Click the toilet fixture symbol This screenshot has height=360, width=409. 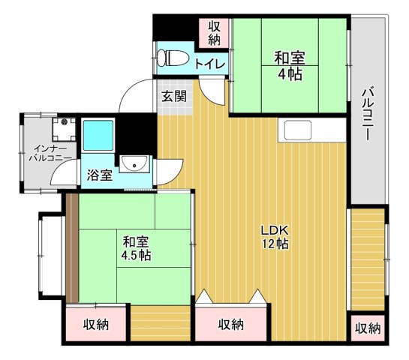click(x=173, y=58)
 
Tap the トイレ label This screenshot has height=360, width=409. click(x=210, y=64)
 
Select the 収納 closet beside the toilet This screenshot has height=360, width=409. click(x=214, y=32)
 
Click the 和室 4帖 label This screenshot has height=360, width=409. click(x=290, y=66)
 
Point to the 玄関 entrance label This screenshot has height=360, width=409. click(x=174, y=97)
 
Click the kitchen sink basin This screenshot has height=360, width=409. click(x=298, y=130)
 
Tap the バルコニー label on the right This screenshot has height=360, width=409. click(x=368, y=114)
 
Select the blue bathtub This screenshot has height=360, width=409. click(x=98, y=135)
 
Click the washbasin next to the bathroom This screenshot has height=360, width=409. click(x=134, y=163)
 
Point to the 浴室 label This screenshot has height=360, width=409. click(x=99, y=175)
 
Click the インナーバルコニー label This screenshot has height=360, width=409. click(x=50, y=154)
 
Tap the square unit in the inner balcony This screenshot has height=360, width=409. click(x=64, y=129)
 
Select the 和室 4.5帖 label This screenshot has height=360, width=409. click(x=136, y=248)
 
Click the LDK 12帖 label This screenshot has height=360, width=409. click(x=275, y=237)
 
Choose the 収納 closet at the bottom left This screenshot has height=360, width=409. click(x=96, y=325)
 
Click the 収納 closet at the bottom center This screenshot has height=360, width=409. click(x=231, y=324)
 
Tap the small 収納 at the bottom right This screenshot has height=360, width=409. click(x=368, y=328)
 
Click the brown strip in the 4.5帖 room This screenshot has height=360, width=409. click(x=72, y=248)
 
